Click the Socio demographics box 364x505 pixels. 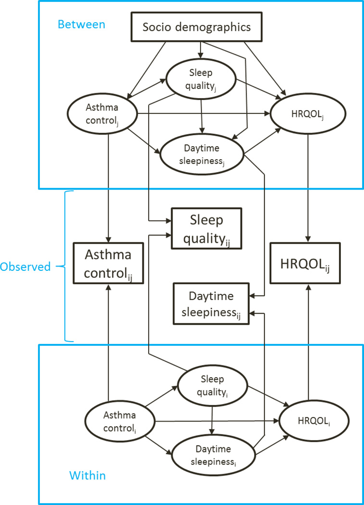coord(197,26)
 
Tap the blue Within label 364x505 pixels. coord(88,476)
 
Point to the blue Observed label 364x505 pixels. coord(25,266)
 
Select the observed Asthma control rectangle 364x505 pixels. coord(108,264)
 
